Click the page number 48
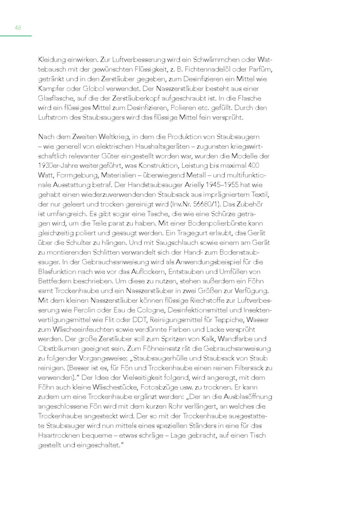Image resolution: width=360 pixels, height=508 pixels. coord(18,28)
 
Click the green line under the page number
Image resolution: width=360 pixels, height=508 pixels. coord(16,36)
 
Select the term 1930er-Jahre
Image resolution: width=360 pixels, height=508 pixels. coord(59,166)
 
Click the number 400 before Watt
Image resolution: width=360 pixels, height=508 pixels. coord(252,166)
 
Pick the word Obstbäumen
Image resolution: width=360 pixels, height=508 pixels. coord(58,349)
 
